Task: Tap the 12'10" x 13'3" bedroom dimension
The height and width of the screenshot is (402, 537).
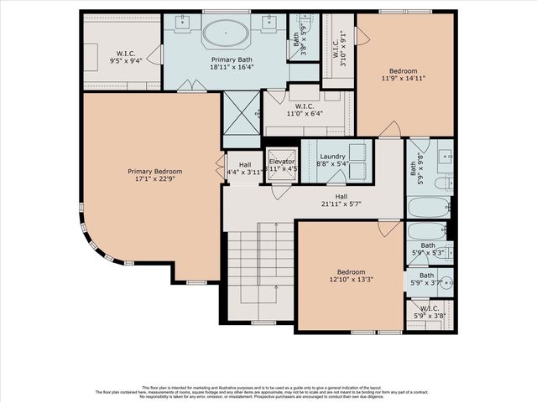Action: click(351, 279)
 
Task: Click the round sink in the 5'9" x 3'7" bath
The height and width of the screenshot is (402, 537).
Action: click(445, 281)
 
